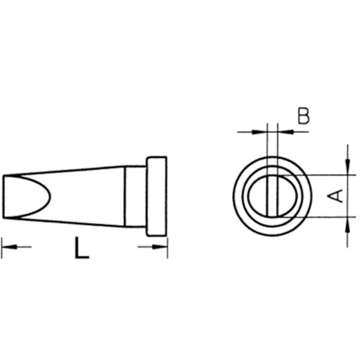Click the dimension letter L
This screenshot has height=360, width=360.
pyautogui.click(x=82, y=247)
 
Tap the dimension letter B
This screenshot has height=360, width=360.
pyautogui.click(x=304, y=116)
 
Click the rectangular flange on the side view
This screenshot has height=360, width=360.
pyautogui.click(x=157, y=196)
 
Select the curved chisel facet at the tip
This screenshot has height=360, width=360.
pyautogui.click(x=36, y=196)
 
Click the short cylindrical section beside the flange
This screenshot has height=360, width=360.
pyautogui.click(x=136, y=196)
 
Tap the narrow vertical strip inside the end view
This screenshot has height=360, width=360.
pyautogui.click(x=274, y=196)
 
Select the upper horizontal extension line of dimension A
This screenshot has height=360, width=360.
pyautogui.click(x=324, y=175)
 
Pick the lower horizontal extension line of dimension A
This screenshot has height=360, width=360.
pyautogui.click(x=324, y=216)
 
